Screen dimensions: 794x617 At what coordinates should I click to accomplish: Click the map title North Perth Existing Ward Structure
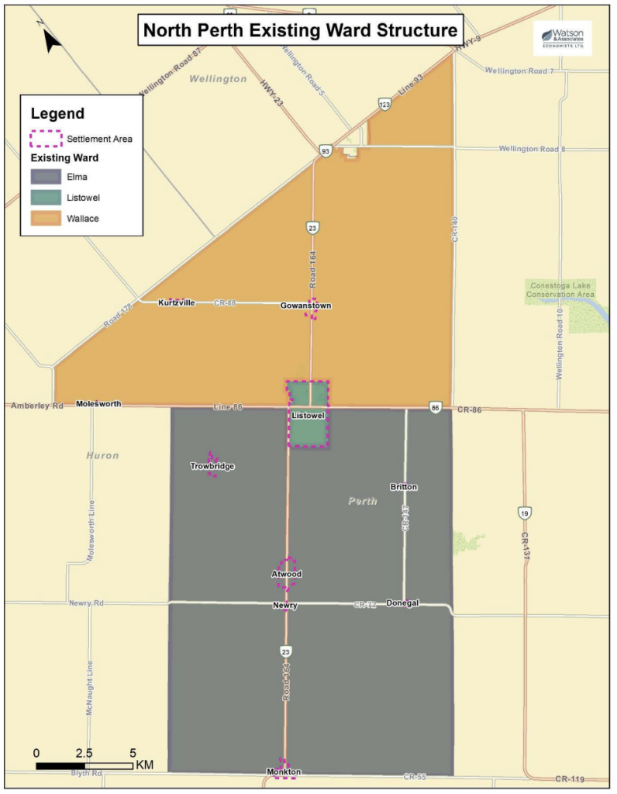click(x=301, y=31)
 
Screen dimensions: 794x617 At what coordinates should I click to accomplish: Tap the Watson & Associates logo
click(x=562, y=38)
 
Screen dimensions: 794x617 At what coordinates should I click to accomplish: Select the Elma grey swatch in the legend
click(x=46, y=177)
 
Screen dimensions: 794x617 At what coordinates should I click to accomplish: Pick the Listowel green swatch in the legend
click(x=46, y=198)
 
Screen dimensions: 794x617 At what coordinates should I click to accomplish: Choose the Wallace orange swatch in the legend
click(x=46, y=219)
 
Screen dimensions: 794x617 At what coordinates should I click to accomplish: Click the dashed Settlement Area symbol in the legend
click(x=46, y=139)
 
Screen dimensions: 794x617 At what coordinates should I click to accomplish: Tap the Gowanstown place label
click(x=305, y=306)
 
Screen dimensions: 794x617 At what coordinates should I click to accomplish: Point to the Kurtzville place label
click(x=176, y=302)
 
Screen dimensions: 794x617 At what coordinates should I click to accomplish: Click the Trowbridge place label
click(x=212, y=466)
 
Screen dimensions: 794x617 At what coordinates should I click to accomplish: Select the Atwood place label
click(x=286, y=575)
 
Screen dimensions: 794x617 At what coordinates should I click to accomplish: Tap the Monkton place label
click(x=283, y=772)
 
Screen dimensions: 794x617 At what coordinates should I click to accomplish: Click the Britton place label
click(x=404, y=487)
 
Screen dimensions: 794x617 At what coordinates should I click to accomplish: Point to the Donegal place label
click(x=402, y=603)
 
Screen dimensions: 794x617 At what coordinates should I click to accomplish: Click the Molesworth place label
click(x=98, y=404)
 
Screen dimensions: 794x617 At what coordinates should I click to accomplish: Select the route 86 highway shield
click(x=436, y=407)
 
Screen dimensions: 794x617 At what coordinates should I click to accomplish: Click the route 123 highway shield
click(x=384, y=104)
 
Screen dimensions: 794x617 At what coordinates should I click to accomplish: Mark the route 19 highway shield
click(x=524, y=513)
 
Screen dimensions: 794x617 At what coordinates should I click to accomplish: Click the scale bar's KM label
click(x=144, y=765)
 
